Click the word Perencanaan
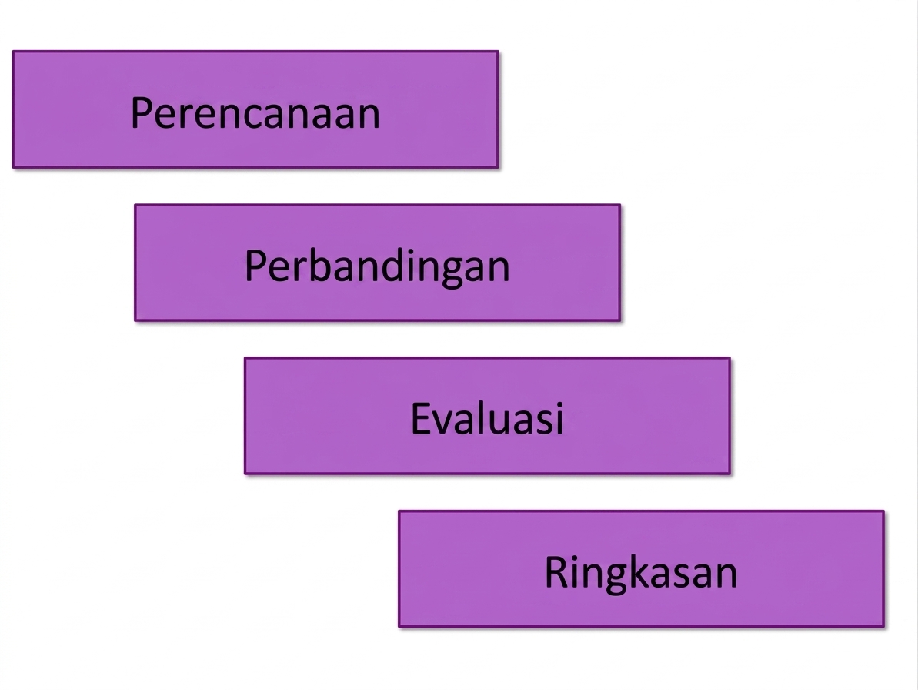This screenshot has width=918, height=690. coord(255,112)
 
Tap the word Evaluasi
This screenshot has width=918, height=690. coord(487,418)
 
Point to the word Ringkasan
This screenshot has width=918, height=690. coord(641,574)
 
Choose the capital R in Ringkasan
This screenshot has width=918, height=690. coord(556,571)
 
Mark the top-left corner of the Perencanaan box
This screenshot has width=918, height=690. coord(13,52)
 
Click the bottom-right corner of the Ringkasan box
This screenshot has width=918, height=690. coord(883,627)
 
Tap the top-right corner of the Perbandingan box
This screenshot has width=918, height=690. coord(620,205)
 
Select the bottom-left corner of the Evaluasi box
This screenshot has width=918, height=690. coord(245,474)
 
